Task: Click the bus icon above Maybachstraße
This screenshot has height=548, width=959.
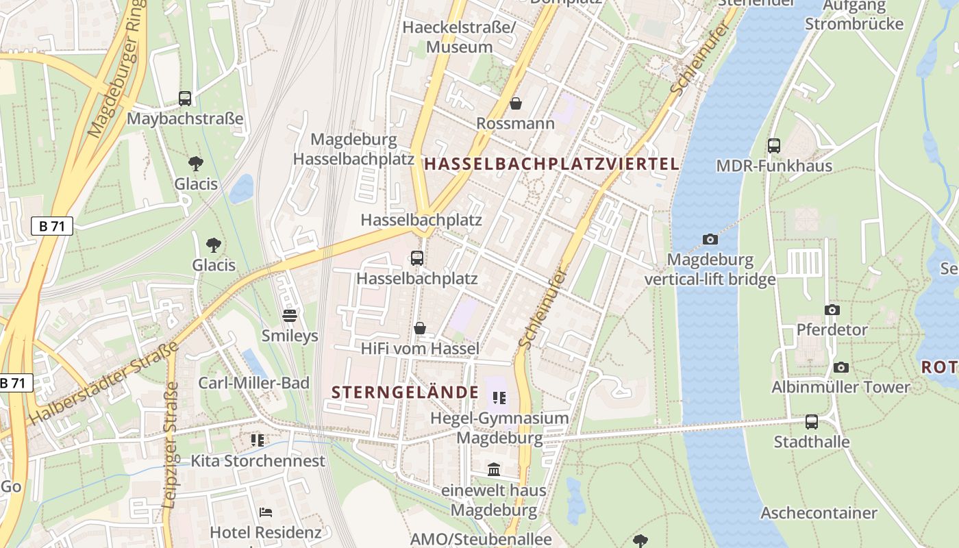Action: [x=185, y=98]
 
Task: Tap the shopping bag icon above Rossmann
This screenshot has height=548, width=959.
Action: [x=516, y=103]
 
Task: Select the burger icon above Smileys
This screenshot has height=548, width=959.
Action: [x=290, y=316]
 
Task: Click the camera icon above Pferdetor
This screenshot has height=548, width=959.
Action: [x=832, y=310]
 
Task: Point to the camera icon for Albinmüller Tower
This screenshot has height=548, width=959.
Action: [x=841, y=367]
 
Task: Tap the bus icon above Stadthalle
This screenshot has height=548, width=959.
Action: [x=812, y=421]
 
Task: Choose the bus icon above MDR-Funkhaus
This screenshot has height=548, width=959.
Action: [x=774, y=145]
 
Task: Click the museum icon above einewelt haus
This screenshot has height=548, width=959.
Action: [x=494, y=470]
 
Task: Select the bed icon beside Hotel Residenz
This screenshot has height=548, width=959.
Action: [x=266, y=512]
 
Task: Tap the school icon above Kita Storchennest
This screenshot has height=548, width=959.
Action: [x=258, y=440]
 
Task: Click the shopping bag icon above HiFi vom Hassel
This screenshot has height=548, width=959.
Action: [x=420, y=329]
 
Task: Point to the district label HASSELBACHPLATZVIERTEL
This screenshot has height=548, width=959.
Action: [x=552, y=164]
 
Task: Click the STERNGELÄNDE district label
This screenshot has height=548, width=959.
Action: [x=405, y=393]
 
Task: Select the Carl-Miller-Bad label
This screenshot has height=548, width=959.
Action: [x=254, y=383]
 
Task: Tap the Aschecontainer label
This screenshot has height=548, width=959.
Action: [x=819, y=513]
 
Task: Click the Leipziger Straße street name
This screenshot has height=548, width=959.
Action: [x=171, y=445]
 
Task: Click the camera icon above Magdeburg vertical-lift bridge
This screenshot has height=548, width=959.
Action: [x=710, y=239]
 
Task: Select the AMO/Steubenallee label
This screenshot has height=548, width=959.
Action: [x=481, y=539]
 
